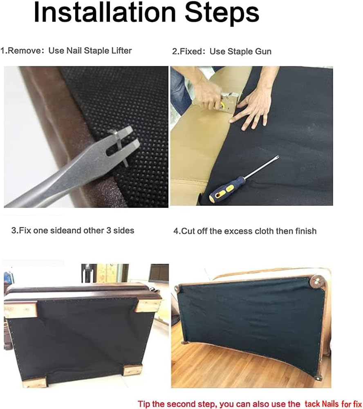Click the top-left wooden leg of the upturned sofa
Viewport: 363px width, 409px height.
point(21,309)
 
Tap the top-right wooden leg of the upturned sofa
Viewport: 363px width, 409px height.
point(148,305)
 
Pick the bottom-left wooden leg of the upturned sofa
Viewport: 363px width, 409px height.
point(35,382)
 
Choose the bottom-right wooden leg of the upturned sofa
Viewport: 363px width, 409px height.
point(133,371)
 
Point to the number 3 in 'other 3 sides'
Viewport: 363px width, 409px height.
point(105,230)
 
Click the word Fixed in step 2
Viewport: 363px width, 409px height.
point(192,52)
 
